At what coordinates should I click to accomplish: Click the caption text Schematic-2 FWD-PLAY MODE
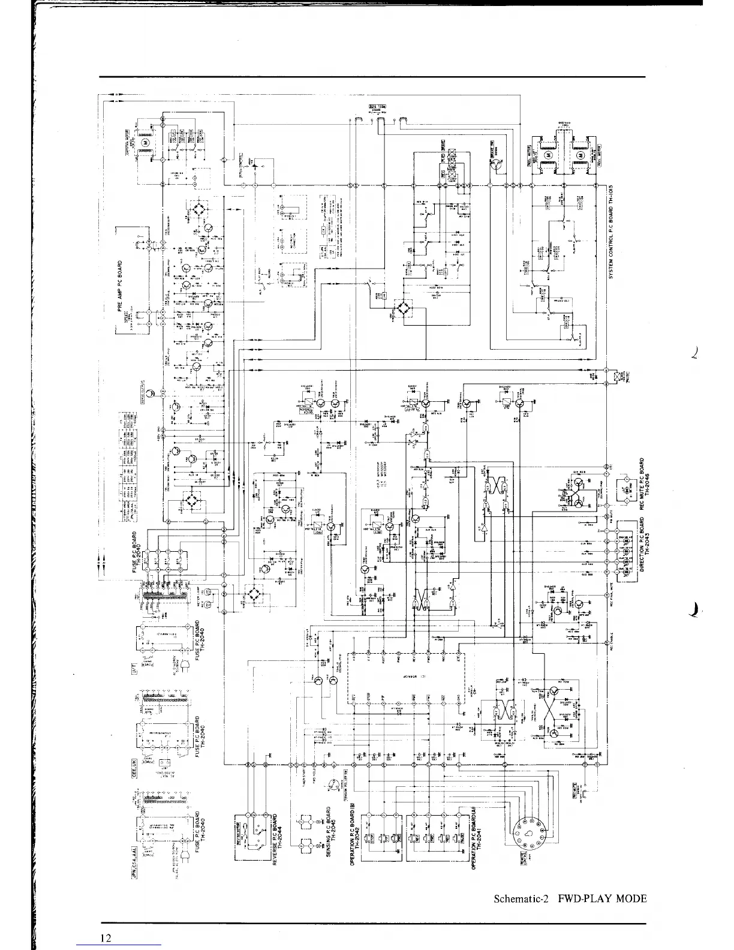pyautogui.click(x=570, y=898)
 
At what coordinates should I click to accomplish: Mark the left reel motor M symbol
pyautogui.click(x=547, y=157)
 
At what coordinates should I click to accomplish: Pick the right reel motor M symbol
pyautogui.click(x=579, y=157)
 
